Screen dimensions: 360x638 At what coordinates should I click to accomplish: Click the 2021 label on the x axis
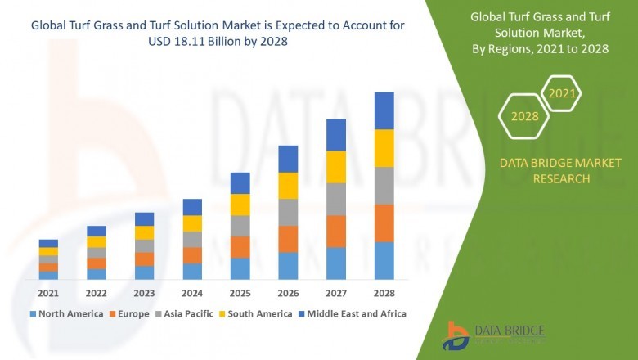[48, 293]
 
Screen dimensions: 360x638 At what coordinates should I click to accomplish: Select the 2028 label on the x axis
[384, 293]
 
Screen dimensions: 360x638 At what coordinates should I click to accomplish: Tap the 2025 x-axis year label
[240, 293]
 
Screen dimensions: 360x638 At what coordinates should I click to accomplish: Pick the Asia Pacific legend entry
[187, 313]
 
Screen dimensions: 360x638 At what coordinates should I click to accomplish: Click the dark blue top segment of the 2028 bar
[384, 110]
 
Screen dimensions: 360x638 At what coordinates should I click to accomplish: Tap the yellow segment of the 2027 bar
[336, 167]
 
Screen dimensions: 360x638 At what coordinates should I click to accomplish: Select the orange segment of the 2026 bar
[288, 239]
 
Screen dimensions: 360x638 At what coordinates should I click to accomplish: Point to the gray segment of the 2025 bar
[240, 226]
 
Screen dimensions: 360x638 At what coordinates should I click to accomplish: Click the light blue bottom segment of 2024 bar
[192, 271]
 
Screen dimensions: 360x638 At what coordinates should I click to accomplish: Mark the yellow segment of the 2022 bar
[97, 241]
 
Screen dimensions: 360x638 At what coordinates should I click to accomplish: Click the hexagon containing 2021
[561, 93]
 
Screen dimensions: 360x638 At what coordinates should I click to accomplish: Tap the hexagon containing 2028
[524, 116]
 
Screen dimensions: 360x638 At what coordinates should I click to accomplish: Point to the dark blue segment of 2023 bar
[144, 218]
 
